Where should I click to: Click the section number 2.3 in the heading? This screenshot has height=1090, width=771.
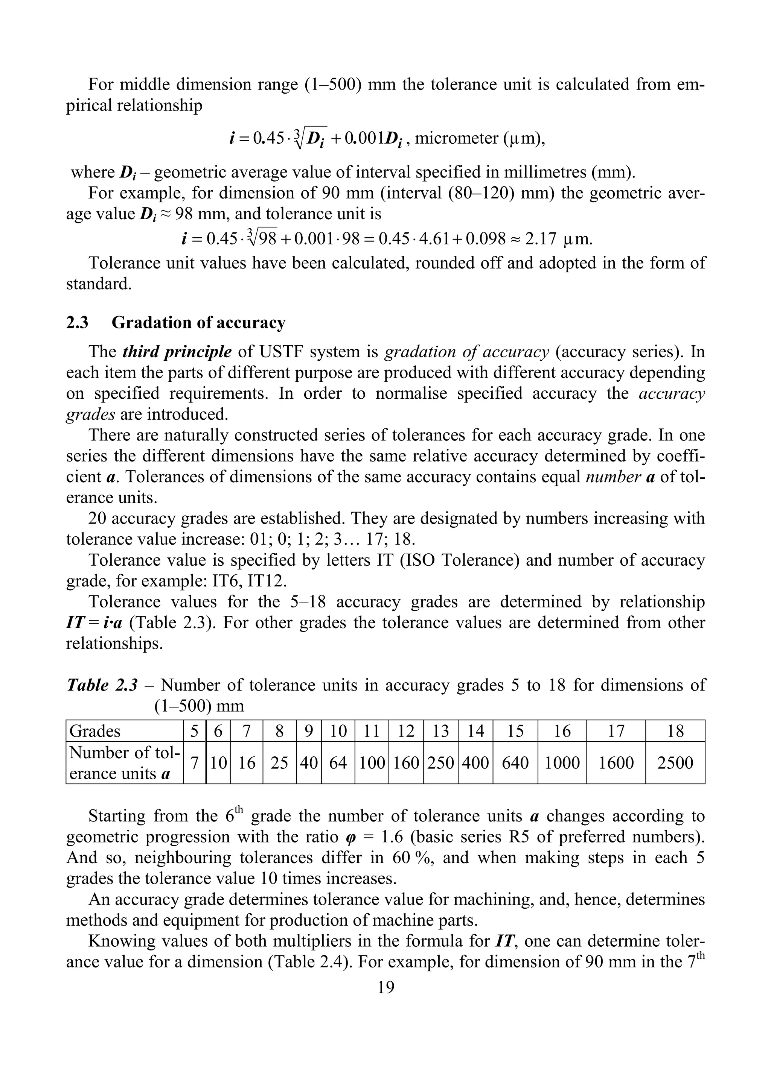(77, 323)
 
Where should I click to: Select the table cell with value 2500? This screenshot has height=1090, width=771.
(675, 763)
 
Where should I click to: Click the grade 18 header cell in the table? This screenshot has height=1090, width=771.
(675, 731)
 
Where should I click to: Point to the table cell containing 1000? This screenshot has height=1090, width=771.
(562, 763)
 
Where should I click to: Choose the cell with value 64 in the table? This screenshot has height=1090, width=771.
(338, 763)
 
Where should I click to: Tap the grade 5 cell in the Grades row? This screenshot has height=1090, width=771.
(194, 731)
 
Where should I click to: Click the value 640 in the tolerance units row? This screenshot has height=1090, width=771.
(515, 763)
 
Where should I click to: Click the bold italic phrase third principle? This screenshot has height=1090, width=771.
(177, 352)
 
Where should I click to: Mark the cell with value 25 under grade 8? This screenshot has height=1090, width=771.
(279, 763)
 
